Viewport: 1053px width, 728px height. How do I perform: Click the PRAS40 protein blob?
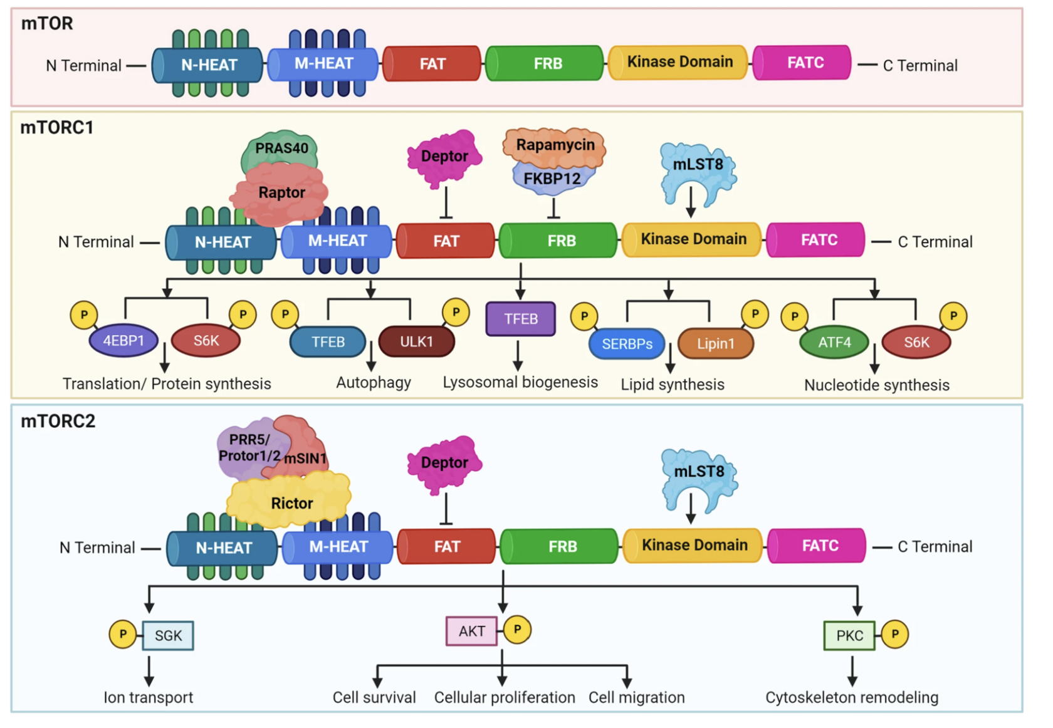point(281,148)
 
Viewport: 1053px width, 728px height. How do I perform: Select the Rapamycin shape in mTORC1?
point(555,145)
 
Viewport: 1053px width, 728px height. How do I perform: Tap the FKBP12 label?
point(552,179)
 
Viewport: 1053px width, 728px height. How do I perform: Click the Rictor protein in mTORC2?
point(291,503)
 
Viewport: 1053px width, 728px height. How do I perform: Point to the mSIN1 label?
point(305,459)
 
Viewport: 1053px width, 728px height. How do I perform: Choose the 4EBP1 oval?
point(123,341)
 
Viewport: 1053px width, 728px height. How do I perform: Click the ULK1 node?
point(416,341)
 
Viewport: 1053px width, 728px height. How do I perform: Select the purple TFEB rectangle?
point(520,319)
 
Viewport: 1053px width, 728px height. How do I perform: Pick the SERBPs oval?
point(627,344)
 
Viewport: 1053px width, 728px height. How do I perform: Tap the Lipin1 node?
point(715,344)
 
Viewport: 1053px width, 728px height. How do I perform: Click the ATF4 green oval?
point(834,342)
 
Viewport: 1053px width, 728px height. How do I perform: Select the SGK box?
point(168,636)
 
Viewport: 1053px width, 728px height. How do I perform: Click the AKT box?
point(471,631)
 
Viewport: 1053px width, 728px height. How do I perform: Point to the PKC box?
point(849,636)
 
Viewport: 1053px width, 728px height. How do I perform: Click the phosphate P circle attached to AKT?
point(517,630)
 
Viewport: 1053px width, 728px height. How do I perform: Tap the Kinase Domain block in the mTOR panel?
point(679,62)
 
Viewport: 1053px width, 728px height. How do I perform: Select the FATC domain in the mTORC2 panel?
point(820,546)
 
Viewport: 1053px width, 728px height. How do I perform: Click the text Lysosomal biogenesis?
point(520,382)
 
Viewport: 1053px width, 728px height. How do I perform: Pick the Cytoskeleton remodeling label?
point(852,697)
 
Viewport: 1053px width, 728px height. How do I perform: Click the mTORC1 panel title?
point(57,128)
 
